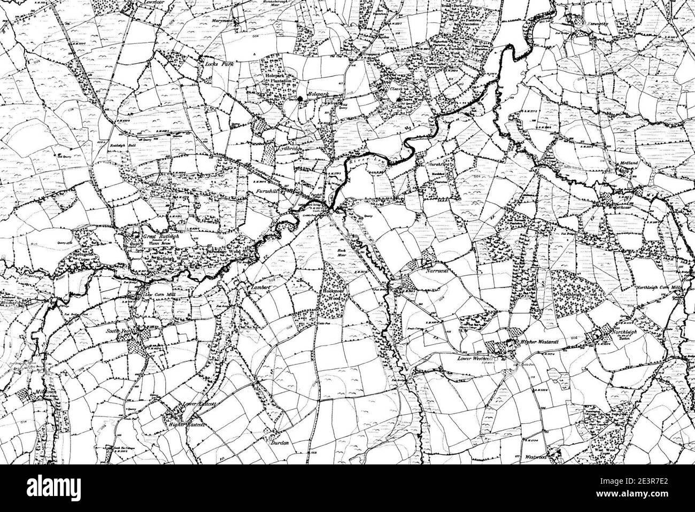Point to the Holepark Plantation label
pos(276,80)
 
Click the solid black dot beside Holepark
pos(300,98)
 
